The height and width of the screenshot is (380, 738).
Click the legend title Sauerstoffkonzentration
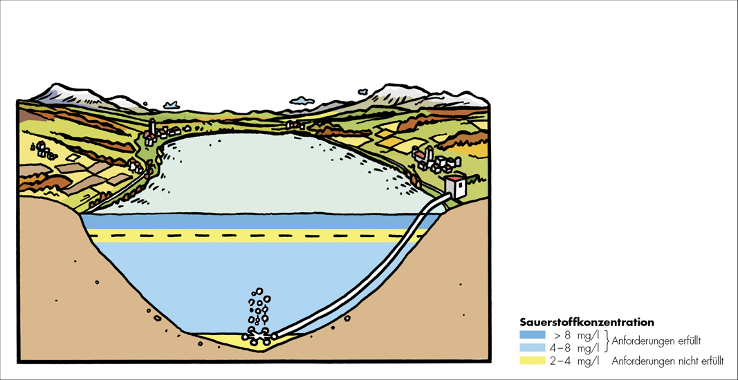(587, 322)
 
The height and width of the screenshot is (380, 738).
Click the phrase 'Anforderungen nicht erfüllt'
(667, 361)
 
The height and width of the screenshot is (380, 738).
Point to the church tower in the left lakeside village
(152, 128)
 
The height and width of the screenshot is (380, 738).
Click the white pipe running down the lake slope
(360, 289)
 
